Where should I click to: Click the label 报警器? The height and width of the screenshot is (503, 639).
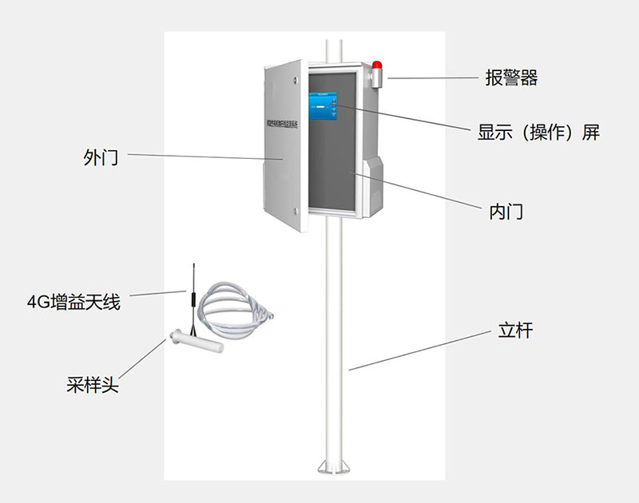pyautogui.click(x=511, y=78)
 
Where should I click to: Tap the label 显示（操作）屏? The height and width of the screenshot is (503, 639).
pyautogui.click(x=538, y=133)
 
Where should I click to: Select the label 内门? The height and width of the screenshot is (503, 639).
pyautogui.click(x=506, y=212)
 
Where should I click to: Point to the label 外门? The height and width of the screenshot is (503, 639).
pyautogui.click(x=101, y=156)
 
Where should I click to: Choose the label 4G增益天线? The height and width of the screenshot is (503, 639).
pyautogui.click(x=73, y=303)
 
